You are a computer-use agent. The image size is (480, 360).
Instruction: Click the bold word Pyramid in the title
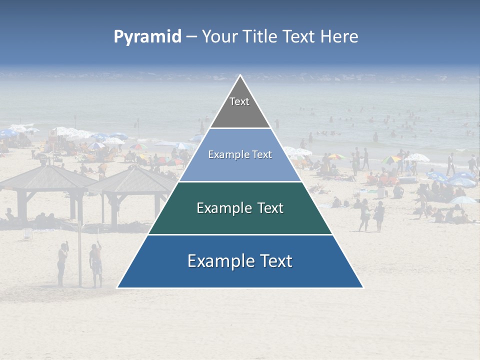[x=147, y=37]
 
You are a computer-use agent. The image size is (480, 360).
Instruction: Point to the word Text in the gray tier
[x=239, y=101]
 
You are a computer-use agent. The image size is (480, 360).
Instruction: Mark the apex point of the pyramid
[x=240, y=75]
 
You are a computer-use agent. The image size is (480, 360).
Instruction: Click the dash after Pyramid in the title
[x=191, y=37]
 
